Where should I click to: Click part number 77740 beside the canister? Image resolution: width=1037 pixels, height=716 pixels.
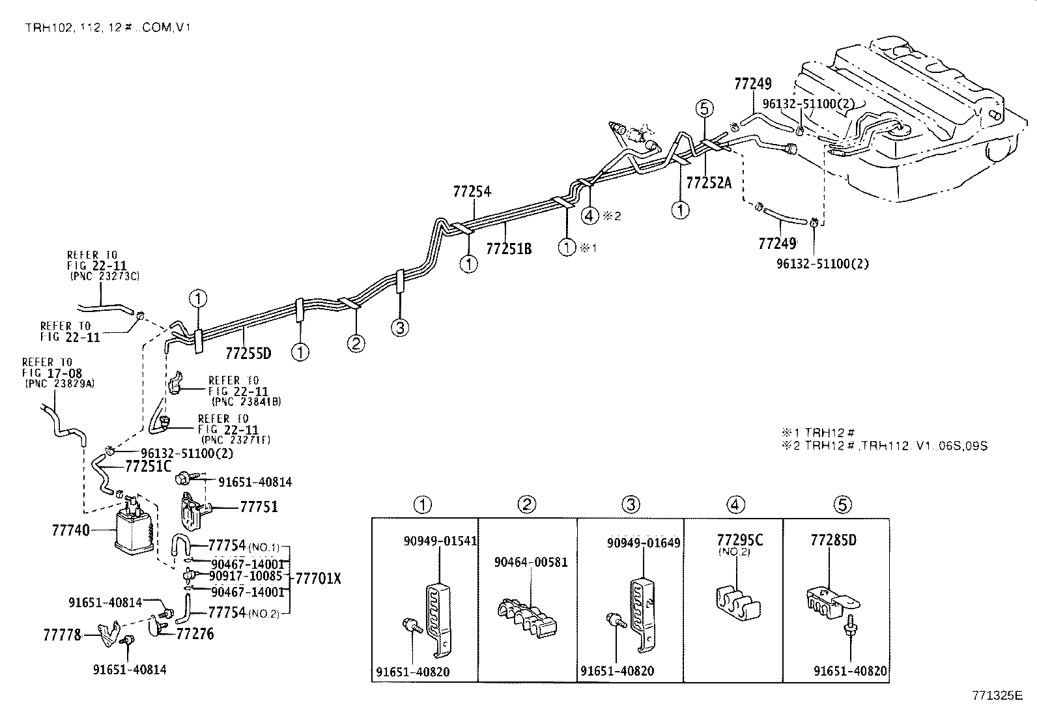coord(71,530)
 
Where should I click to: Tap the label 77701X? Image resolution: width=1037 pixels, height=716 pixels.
coord(318,578)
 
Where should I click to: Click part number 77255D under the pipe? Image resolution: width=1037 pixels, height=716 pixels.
coord(248,354)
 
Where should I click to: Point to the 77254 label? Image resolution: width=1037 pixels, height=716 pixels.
coord(472,192)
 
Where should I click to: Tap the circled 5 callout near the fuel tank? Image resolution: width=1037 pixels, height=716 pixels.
coord(705,108)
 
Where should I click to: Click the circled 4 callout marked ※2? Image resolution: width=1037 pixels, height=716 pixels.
coord(590,214)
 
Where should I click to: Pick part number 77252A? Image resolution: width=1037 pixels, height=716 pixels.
coord(709,183)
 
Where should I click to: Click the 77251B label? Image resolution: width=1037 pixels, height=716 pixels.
coord(509,248)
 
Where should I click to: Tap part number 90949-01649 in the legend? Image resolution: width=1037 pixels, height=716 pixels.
coord(644,543)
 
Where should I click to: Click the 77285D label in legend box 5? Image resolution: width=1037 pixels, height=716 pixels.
coord(833,540)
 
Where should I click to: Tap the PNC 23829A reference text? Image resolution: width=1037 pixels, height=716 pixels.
coord(60,384)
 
